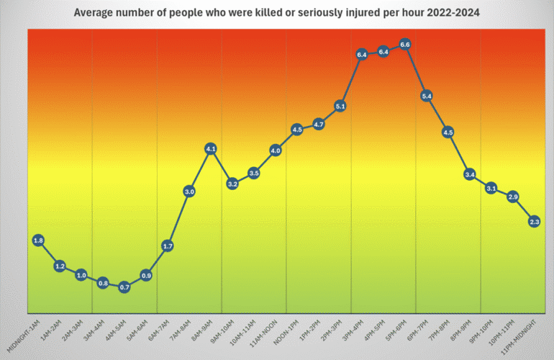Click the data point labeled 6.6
404,45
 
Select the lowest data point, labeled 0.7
124,288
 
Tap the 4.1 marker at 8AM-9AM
211,149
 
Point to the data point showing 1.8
38,240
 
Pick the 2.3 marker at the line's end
535,222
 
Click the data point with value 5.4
427,96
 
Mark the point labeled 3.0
189,192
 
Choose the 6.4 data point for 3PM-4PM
362,54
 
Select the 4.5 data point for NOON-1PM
297,130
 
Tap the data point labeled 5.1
340,107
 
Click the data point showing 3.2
232,184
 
